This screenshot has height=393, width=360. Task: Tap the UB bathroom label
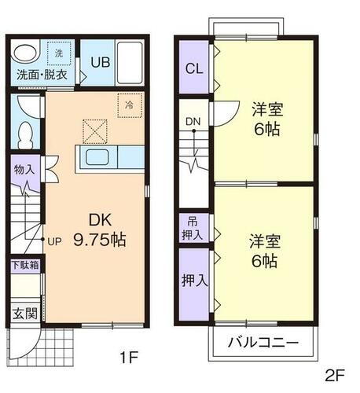coord(100,62)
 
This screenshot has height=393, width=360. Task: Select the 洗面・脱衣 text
coord(43,75)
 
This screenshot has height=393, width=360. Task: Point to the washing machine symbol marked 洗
coord(59,53)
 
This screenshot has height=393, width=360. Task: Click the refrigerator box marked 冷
coord(127,103)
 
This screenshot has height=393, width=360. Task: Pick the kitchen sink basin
coord(99,158)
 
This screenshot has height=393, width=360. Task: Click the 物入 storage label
coord(24,169)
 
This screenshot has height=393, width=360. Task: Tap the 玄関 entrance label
coord(24,314)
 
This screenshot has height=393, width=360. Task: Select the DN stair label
coord(193,121)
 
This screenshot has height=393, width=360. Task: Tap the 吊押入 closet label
coord(193,229)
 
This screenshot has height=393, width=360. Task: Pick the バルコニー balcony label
coord(263,343)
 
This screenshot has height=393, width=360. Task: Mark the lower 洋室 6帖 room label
coord(263,252)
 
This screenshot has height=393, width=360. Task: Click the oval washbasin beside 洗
coord(26,56)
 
